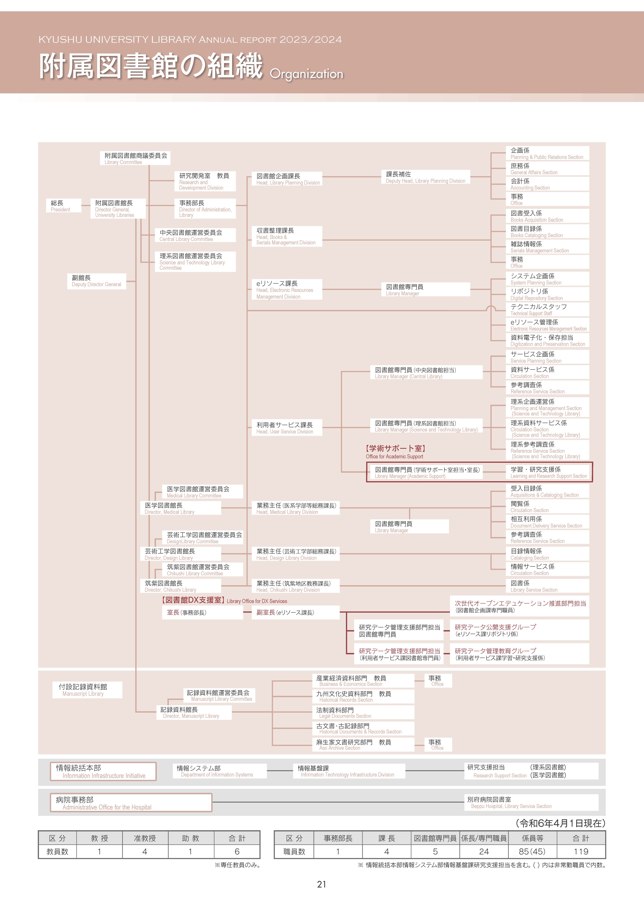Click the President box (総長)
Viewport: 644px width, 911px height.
coord(63,206)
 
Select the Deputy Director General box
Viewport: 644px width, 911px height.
coord(96,281)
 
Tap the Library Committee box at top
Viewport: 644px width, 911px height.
coord(135,158)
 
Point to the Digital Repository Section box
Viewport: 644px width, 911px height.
coord(547,294)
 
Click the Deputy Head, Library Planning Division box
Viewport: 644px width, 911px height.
coord(425,177)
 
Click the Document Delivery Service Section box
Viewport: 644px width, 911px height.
coord(547,522)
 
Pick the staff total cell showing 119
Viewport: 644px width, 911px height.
coord(581,852)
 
